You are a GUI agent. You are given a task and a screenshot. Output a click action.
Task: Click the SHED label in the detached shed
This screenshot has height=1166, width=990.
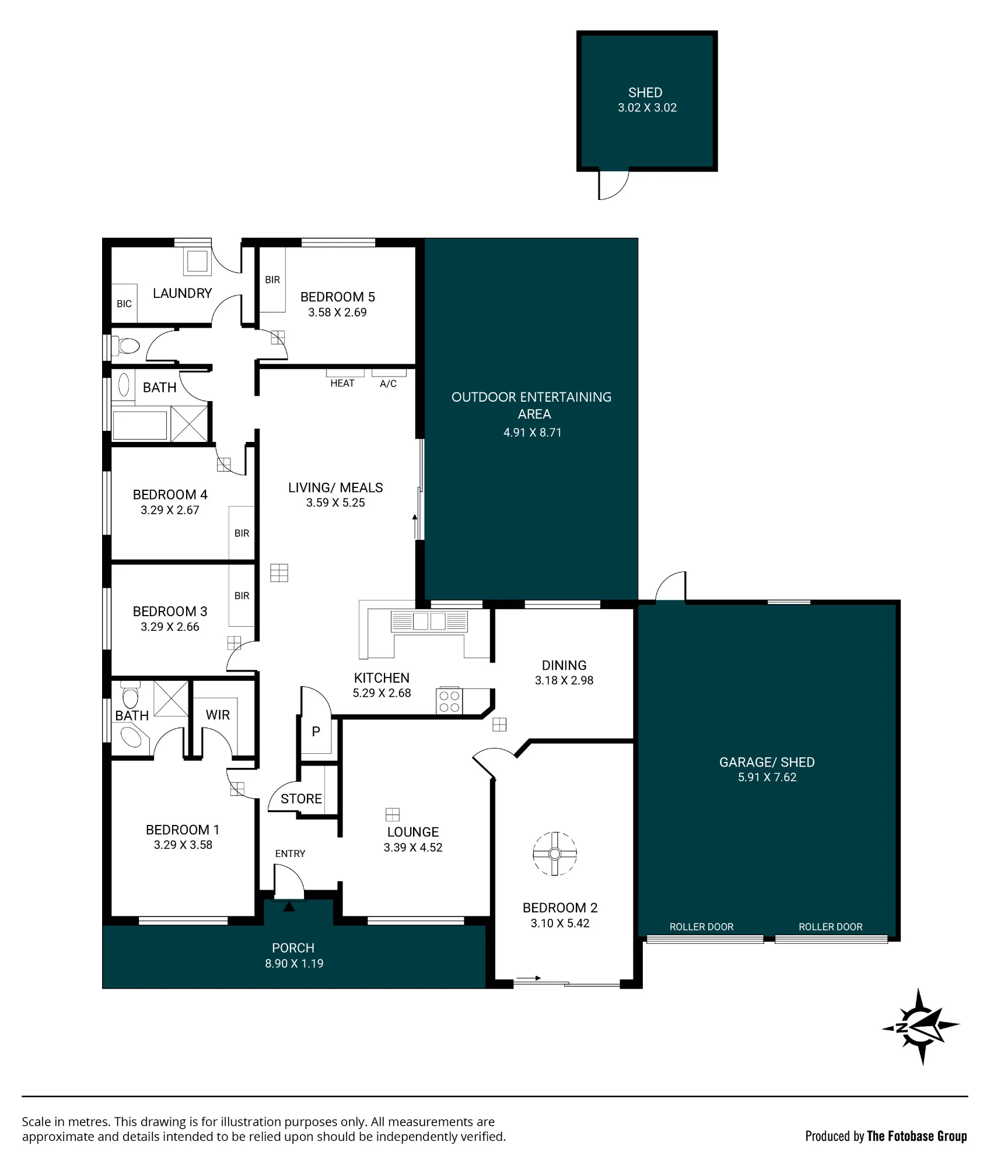pos(645,93)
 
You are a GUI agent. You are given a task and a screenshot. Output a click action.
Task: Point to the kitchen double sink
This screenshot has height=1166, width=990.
pos(429,621)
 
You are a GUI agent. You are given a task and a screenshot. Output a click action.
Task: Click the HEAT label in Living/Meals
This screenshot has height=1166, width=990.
pos(342,383)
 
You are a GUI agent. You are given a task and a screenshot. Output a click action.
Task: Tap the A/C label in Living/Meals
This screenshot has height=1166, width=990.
pos(388,384)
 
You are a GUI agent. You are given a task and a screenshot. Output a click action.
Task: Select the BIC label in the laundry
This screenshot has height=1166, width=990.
pos(124,304)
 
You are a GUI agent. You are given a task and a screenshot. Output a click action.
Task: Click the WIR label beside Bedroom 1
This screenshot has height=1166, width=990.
pos(218,715)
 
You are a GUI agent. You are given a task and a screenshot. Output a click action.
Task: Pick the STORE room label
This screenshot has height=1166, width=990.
pos(301,799)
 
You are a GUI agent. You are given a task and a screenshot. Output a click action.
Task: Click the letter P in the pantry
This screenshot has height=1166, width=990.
pos(316,731)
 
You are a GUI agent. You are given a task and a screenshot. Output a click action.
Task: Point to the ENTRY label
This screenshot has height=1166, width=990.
pos(290,854)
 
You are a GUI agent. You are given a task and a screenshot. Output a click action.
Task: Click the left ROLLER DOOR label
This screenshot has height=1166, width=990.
pos(701,927)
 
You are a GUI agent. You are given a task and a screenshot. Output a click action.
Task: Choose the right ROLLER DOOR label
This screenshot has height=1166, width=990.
pos(830,927)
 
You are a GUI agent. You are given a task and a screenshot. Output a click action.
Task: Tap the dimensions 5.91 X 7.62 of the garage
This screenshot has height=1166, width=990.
pos(767,777)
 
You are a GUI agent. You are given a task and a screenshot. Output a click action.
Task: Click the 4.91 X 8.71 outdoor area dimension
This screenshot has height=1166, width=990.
pos(532,433)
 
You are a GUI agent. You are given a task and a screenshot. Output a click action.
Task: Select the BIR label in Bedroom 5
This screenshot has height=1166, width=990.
pos(272,280)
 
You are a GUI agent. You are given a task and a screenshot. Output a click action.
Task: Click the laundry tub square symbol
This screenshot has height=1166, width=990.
pos(197,262)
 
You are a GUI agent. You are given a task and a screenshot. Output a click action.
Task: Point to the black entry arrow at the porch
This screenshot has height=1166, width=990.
pos(289,907)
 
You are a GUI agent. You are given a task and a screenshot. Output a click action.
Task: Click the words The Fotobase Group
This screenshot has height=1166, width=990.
pos(916,1136)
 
